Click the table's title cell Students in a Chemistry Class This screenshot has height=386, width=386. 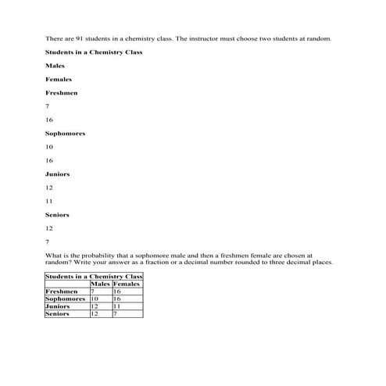pos(94,277)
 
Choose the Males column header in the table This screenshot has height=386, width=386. pos(101,284)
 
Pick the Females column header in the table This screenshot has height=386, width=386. pos(127,284)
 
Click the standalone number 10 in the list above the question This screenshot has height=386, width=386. pos(50,147)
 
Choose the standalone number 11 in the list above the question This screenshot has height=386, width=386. pos(50,201)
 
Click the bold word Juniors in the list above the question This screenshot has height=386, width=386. pos(58,174)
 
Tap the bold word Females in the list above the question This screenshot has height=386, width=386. pos(59,79)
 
